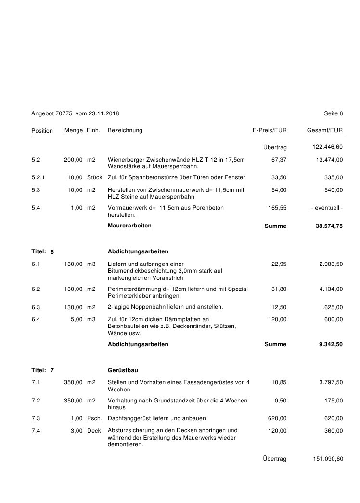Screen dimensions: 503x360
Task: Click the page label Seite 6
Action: [334, 113]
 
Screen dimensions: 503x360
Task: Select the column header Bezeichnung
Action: [125, 130]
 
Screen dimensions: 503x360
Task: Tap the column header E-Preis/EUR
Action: [270, 130]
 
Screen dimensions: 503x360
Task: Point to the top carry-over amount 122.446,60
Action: [328, 147]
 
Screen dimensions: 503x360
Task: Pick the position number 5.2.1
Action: [38, 177]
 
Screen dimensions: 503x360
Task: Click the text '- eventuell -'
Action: [327, 208]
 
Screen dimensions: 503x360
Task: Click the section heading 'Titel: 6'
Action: [43, 251]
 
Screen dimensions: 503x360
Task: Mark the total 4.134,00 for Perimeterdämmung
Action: [331, 289]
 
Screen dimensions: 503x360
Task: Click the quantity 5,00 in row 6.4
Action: [77, 319]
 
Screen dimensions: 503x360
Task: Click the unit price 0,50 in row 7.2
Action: [280, 401]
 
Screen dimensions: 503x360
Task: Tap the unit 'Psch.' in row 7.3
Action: [94, 418]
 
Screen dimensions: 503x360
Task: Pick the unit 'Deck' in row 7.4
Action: [94, 431]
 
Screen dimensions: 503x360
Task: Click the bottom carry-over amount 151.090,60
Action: [328, 459]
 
